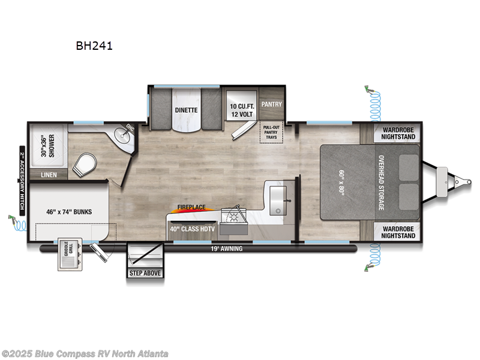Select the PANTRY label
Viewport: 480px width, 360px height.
[x=271, y=104]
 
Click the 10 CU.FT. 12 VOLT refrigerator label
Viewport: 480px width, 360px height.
[x=241, y=110]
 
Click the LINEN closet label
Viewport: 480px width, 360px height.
[x=49, y=175]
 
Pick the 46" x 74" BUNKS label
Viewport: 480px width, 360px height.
[x=68, y=211]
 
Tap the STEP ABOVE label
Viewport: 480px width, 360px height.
[x=144, y=273]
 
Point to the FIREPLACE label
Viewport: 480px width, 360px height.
[x=191, y=208]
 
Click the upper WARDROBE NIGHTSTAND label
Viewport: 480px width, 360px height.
[x=396, y=133]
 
